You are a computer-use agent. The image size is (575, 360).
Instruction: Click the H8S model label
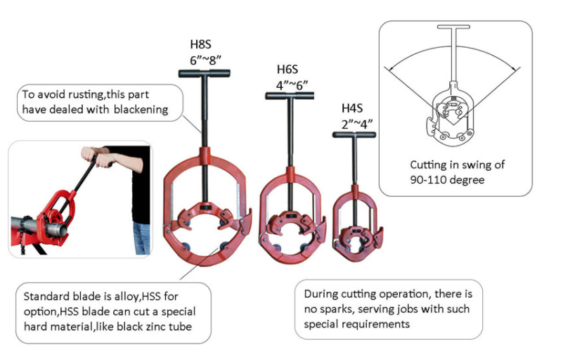pos(200,44)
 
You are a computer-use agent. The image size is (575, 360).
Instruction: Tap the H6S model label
pos(287,69)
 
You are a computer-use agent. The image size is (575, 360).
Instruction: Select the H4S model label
pos(352,108)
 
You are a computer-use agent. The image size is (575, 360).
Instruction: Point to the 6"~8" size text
pos(205,60)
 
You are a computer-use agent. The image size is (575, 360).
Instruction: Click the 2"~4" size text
pos(357,124)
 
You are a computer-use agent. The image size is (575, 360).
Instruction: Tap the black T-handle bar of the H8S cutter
pos(205,73)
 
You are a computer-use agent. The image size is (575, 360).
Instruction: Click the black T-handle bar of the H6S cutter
pos(290,96)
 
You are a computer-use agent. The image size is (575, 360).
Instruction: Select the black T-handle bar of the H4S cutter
pos(354,135)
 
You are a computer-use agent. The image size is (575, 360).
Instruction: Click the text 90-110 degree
pos(447,180)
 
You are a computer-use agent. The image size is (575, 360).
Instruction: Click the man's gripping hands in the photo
pos(96,157)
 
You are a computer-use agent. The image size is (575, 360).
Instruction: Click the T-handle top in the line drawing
pos(453,27)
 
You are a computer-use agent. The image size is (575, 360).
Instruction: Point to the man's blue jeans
pos(141,238)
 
